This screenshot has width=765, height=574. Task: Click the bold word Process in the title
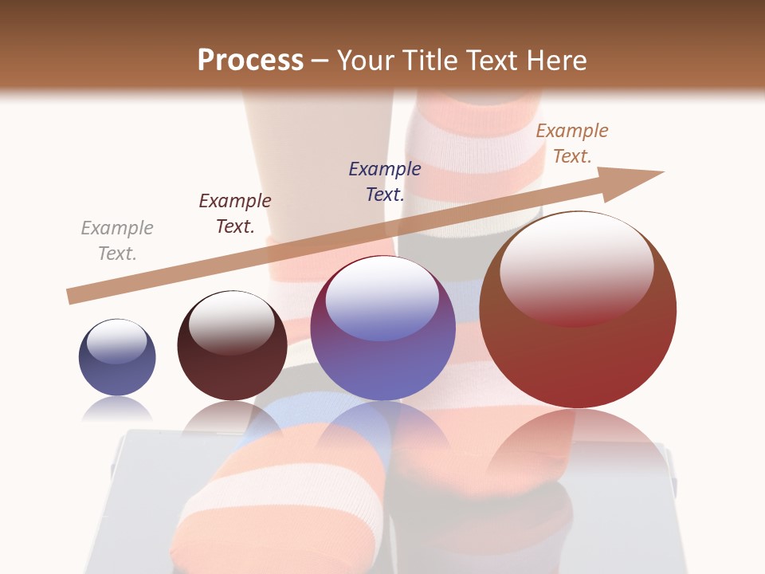tap(250, 61)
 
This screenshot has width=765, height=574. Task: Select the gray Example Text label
tap(117, 241)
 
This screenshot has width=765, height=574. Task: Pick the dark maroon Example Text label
tap(235, 214)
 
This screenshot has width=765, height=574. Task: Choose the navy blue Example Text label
tap(385, 182)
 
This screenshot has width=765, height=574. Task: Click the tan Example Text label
tap(572, 143)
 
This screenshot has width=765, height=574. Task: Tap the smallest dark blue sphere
tap(117, 371)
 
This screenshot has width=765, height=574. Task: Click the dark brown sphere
tap(232, 375)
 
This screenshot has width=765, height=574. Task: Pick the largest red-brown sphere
tap(578, 359)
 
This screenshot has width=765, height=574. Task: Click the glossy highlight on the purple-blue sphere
tap(382, 299)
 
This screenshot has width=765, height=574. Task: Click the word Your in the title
tap(367, 61)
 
